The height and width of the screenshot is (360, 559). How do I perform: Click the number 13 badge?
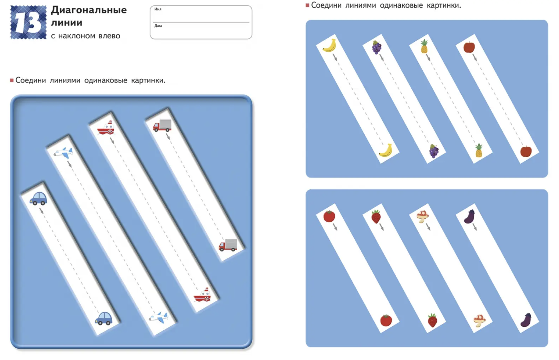28,23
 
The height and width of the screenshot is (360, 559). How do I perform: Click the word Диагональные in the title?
89,10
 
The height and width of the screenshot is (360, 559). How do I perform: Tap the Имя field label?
158,9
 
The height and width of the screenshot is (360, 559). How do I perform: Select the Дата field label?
158,26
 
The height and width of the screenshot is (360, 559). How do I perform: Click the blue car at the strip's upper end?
38,198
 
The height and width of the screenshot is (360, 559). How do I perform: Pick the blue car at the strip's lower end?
103,318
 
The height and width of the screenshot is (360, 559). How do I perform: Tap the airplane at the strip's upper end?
63,152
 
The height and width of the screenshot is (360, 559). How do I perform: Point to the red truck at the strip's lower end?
228,245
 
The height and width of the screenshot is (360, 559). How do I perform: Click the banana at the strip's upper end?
329,45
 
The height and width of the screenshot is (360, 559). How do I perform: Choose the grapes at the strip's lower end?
434,151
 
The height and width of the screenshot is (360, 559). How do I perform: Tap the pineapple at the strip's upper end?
424,46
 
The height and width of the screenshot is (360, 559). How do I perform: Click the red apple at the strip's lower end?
526,151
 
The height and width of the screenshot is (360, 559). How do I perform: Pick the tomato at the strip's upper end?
329,216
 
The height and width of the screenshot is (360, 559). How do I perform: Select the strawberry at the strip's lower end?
432,320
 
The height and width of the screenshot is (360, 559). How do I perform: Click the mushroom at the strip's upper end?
423,216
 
